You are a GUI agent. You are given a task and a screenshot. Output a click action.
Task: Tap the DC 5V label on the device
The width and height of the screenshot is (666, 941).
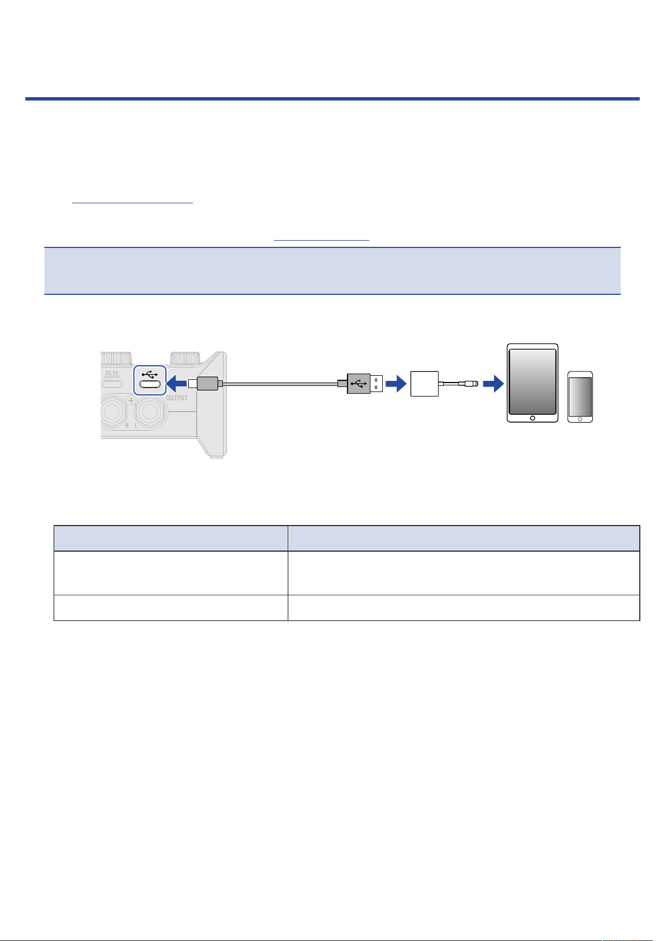(112, 372)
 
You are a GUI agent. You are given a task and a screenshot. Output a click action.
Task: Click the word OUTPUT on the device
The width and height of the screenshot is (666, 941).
(177, 398)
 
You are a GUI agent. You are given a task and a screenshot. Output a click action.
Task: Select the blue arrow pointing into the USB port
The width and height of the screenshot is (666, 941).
(177, 384)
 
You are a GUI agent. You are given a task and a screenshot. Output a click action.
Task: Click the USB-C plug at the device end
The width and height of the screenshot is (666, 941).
(206, 384)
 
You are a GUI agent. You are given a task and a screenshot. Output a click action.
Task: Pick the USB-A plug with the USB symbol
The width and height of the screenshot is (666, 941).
(364, 384)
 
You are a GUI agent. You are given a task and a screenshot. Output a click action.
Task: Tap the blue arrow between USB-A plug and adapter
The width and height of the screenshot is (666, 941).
(396, 384)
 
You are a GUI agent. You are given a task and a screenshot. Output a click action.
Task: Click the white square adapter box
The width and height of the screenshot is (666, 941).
(425, 384)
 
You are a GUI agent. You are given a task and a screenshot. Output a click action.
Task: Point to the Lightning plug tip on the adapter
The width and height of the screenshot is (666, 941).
(475, 384)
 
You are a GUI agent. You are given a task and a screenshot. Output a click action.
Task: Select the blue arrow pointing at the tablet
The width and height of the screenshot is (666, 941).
(493, 384)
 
